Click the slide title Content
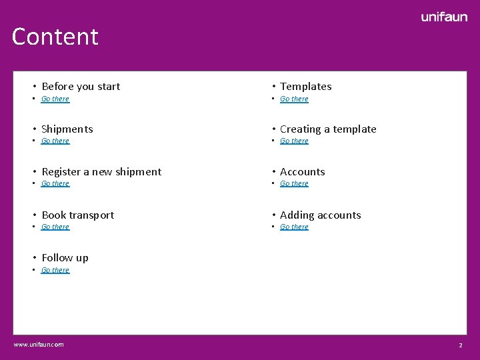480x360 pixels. (55, 37)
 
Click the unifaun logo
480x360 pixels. (444, 17)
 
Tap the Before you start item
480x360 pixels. (81, 87)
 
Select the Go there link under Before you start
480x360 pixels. (55, 99)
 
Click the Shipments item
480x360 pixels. (67, 129)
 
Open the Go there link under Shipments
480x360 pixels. (55, 141)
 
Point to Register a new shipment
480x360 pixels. (101, 172)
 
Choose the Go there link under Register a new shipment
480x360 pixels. (55, 184)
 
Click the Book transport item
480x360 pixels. (77, 215)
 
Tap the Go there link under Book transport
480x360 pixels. (55, 227)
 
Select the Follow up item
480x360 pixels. (65, 258)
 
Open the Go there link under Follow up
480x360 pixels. (55, 271)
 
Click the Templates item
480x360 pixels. (305, 87)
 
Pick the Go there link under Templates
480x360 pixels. (294, 99)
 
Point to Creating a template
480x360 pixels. (328, 129)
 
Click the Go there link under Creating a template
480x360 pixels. (294, 141)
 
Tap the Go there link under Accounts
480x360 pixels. (294, 184)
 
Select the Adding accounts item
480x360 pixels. (320, 215)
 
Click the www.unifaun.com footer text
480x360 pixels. (39, 345)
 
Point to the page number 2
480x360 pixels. (460, 345)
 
